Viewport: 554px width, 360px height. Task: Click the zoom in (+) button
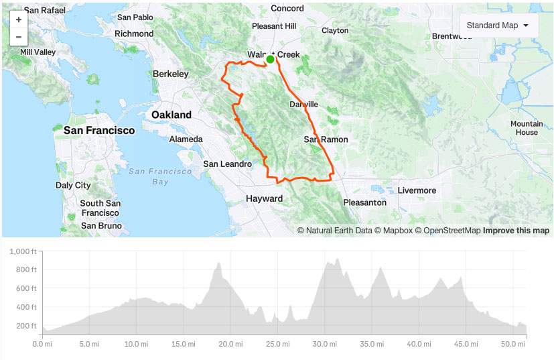click(18, 20)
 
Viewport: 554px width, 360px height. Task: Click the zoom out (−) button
click(18, 37)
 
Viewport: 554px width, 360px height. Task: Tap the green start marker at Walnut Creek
click(270, 60)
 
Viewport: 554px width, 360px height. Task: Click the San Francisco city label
click(99, 131)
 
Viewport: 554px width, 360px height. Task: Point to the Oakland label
click(171, 115)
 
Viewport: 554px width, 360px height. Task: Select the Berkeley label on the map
click(171, 74)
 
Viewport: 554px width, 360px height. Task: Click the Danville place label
click(303, 105)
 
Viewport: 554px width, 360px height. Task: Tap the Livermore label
click(417, 190)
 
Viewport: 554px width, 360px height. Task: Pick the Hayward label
click(264, 198)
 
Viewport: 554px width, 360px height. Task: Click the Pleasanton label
click(364, 202)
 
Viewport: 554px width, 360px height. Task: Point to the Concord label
click(287, 9)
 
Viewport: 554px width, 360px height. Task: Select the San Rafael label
click(44, 11)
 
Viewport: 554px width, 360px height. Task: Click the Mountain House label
click(527, 128)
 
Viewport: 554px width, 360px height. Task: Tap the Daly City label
click(73, 185)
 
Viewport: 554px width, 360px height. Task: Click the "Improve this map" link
click(516, 231)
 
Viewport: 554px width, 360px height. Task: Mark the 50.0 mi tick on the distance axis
click(511, 345)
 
